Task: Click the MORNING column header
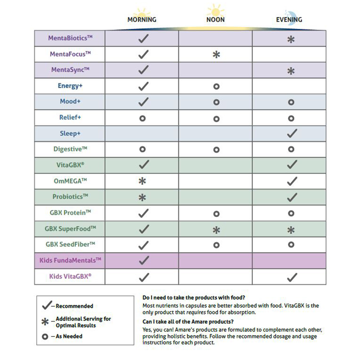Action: [x=142, y=19]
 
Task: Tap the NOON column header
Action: [x=215, y=19]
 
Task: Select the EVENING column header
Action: [x=289, y=19]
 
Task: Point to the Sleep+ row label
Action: [x=70, y=134]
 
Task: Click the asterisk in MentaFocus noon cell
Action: [x=216, y=55]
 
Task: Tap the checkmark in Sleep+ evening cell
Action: [x=292, y=134]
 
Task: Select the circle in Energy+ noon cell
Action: [x=216, y=86]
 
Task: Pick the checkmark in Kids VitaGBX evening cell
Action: [x=292, y=277]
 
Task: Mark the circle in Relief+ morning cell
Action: [x=143, y=118]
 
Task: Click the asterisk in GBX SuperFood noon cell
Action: [x=216, y=229]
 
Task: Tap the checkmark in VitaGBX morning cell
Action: [x=143, y=165]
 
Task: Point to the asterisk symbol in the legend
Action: [x=45, y=322]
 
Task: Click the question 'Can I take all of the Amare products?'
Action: [x=188, y=321]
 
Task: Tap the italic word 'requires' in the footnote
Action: [x=196, y=312]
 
